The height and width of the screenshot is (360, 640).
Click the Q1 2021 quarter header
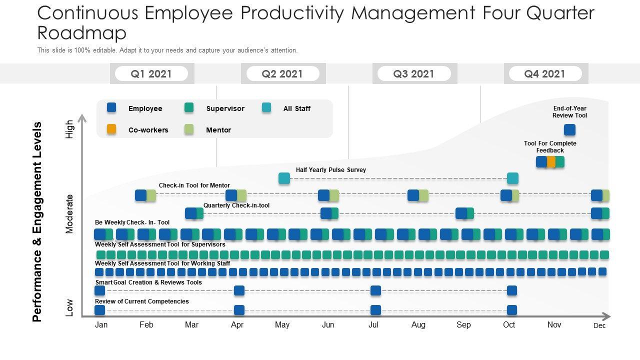pos(151,74)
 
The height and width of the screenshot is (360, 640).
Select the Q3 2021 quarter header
pos(413,74)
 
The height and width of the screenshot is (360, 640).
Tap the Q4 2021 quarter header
pos(544,74)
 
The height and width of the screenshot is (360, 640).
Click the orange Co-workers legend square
pos(111,129)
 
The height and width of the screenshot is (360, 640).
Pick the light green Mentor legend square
pos(189,129)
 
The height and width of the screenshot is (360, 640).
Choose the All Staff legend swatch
pos(266,107)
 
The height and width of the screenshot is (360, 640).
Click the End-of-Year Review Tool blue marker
pos(569,130)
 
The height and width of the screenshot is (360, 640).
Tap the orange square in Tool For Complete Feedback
pos(550,161)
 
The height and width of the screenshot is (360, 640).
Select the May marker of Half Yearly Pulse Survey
pos(284,178)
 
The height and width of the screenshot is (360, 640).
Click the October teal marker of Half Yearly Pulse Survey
pos(512,178)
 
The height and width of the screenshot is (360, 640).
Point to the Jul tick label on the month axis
pos(373,325)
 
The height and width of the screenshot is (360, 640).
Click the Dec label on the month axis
pos(599,325)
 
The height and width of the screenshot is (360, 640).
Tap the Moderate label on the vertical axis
pos(69,214)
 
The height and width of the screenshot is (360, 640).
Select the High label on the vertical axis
pos(69,129)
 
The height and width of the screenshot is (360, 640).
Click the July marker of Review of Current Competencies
pos(375,310)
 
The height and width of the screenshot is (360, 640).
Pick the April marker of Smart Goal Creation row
pos(239,290)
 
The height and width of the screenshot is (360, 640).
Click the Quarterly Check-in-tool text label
pos(236,205)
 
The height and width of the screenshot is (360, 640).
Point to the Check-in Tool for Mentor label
pos(194,185)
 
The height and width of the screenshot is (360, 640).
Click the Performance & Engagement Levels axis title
pos(37,222)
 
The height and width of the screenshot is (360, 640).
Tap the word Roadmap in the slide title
pos(82,33)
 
